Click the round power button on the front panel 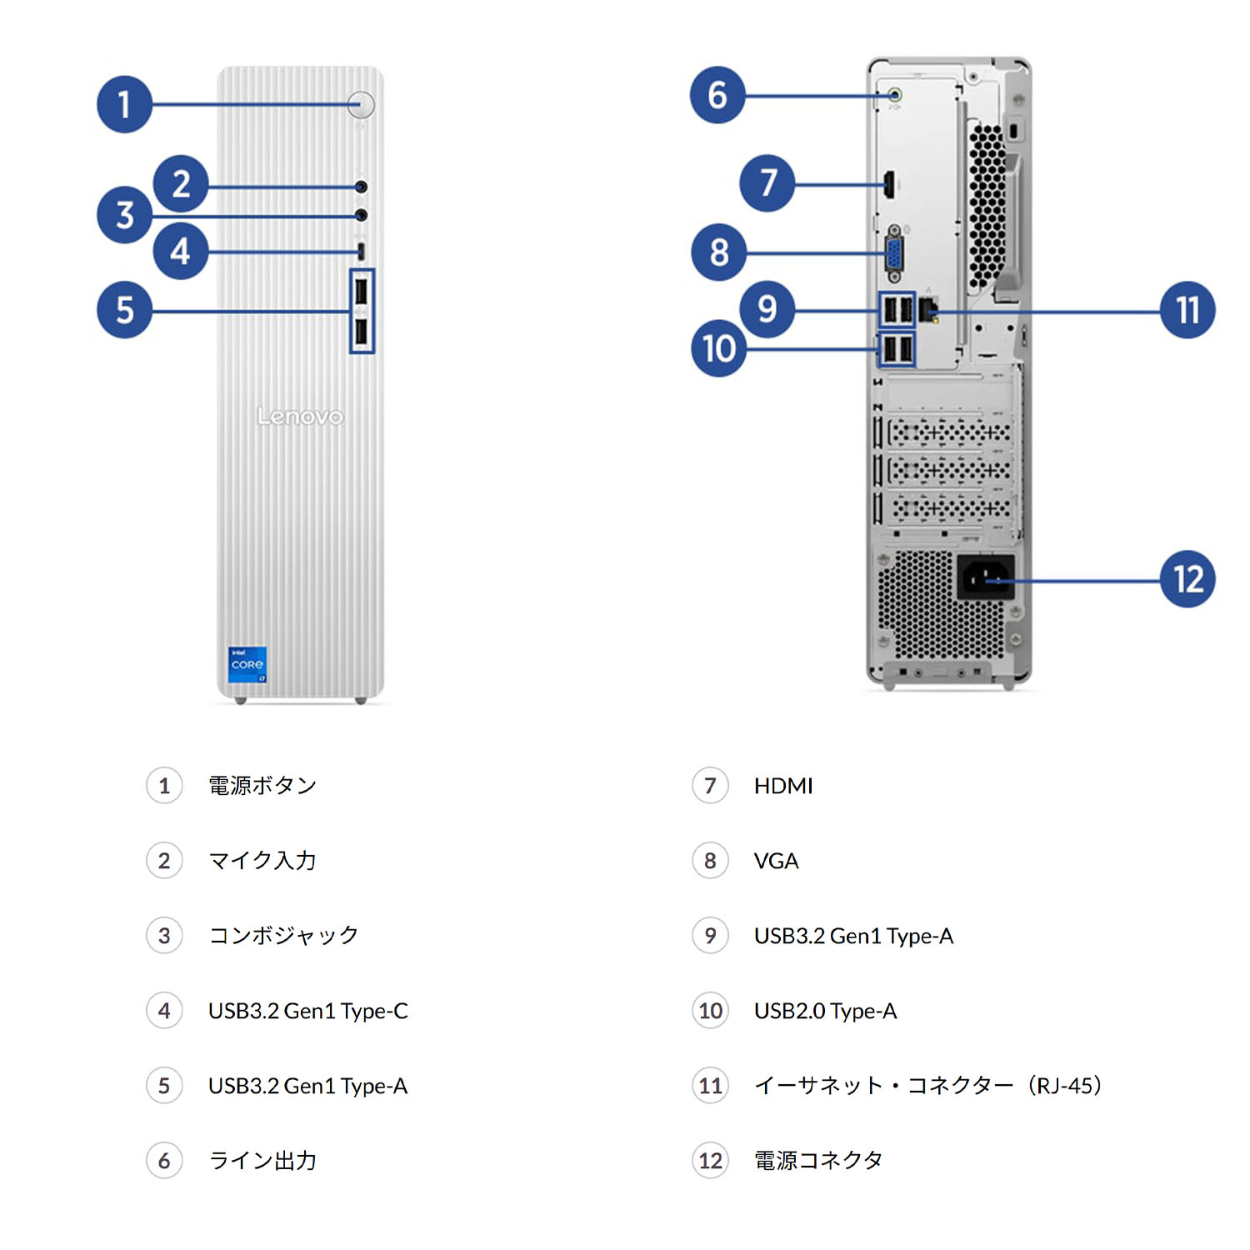pos(362,104)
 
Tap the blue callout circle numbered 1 pos(124,104)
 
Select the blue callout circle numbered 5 pos(124,310)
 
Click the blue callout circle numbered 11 pos(1187,310)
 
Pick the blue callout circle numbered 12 pos(1187,578)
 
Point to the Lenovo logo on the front pos(300,416)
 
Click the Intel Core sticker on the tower pos(247,664)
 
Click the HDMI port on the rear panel pos(889,184)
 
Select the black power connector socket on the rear pos(986,577)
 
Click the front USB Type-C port pos(361,250)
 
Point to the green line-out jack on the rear pos(895,96)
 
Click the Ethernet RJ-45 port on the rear pos(928,310)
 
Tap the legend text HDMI pos(782,786)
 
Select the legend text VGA pos(776,861)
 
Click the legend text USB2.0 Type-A pos(825,1011)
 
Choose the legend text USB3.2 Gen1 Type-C pos(307,1011)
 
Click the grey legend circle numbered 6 pos(164,1160)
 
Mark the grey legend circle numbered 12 pos(710,1160)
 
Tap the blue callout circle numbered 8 pos(718,252)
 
